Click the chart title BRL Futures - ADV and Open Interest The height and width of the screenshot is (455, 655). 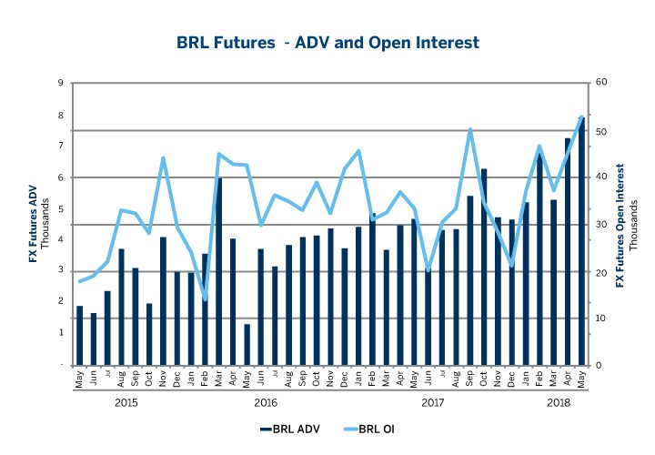click(x=327, y=43)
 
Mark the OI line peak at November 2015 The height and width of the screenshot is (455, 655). click(x=163, y=158)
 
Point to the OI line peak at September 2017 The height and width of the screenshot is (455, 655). click(x=469, y=129)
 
